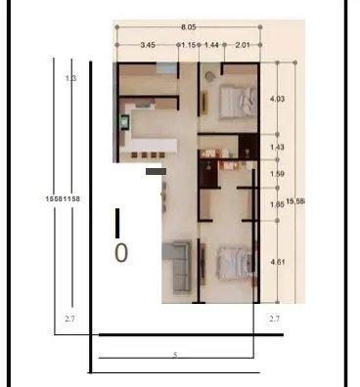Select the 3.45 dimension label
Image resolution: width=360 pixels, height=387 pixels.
pyautogui.click(x=149, y=45)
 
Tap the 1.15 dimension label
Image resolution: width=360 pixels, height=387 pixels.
pyautogui.click(x=188, y=45)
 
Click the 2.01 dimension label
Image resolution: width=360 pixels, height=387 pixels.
pyautogui.click(x=244, y=45)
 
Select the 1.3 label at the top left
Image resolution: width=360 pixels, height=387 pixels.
pyautogui.click(x=69, y=77)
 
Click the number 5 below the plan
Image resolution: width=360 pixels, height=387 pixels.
pyautogui.click(x=174, y=353)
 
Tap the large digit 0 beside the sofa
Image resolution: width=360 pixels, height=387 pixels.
pyautogui.click(x=121, y=253)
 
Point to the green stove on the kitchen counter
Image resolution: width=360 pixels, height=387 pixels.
pyautogui.click(x=126, y=123)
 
